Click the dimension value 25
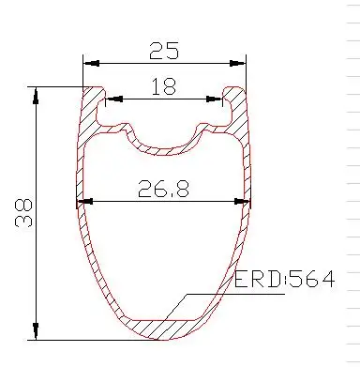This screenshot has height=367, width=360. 164,51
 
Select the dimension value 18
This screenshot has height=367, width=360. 164,86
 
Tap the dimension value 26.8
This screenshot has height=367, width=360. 163,189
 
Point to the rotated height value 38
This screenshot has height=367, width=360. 23,212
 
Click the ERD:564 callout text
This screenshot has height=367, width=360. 285,280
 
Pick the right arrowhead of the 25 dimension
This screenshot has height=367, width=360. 237,63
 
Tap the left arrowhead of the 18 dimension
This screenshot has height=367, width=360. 114,99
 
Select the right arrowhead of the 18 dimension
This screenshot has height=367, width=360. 215,99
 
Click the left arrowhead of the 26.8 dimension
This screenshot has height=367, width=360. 85,202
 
